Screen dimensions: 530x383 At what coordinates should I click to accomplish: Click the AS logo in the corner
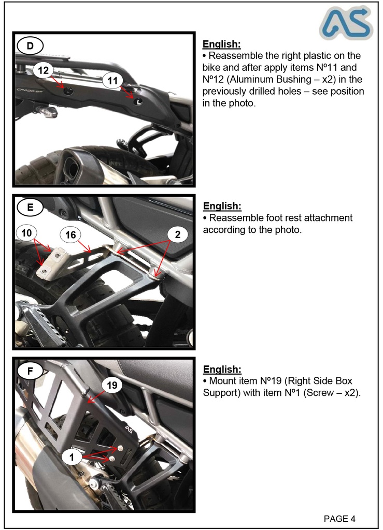345,24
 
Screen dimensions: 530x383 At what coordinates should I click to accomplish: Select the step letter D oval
30,46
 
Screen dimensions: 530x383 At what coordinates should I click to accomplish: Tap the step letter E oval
30,208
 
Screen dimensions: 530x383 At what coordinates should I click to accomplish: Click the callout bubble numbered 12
44,70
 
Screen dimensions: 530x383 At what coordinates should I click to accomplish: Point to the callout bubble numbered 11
113,80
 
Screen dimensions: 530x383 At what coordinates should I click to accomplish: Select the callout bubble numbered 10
27,233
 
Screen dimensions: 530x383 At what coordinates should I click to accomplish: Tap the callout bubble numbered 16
70,235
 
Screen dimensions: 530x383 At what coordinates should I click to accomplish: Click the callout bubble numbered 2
177,235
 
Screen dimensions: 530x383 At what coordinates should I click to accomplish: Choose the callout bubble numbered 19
112,385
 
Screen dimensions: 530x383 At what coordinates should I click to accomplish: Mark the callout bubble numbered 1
72,457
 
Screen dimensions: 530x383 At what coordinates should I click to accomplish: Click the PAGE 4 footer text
339,519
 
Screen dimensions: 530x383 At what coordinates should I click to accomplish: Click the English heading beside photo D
221,44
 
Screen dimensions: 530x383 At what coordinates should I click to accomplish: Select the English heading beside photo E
222,206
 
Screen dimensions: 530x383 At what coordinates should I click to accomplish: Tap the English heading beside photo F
222,369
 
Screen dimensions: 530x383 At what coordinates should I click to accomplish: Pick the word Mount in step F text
222,381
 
